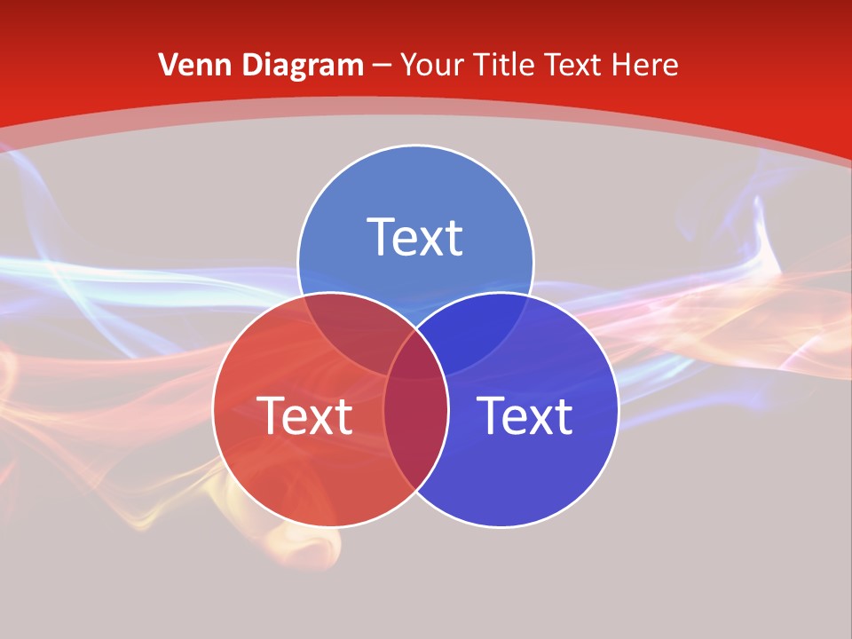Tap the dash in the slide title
383,66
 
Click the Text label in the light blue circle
415,238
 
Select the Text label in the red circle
304,415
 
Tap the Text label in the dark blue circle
525,415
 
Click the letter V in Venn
168,65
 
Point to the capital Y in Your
409,65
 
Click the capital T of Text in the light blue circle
381,237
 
